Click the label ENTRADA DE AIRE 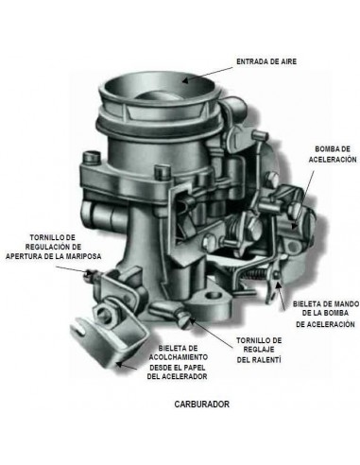(266, 61)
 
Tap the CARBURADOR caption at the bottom (202, 404)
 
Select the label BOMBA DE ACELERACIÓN (333, 154)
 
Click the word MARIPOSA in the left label (83, 256)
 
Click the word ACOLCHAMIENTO (179, 357)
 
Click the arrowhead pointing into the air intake (186, 80)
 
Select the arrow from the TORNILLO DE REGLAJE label (212, 333)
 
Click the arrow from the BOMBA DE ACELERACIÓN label (303, 199)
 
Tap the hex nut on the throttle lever (105, 313)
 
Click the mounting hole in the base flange (214, 296)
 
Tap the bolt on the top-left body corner (91, 158)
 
